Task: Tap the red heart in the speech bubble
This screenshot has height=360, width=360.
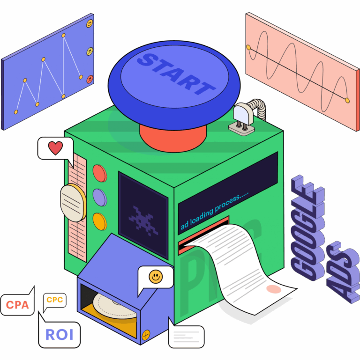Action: (55, 148)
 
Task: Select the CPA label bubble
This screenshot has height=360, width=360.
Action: (17, 305)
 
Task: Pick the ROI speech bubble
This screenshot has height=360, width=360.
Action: (59, 334)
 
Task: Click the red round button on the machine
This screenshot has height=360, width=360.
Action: (99, 173)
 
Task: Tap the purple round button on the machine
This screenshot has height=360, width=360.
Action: (99, 197)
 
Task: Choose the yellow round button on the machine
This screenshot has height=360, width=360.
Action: (99, 220)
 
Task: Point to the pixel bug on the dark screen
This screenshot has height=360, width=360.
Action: (142, 218)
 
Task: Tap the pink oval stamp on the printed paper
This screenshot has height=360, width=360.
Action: (274, 289)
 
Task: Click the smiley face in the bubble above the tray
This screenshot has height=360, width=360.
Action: (155, 277)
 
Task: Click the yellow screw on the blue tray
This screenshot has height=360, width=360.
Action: (146, 334)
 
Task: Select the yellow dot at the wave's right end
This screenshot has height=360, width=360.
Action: (347, 100)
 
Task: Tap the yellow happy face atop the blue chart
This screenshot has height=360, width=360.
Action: (89, 23)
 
